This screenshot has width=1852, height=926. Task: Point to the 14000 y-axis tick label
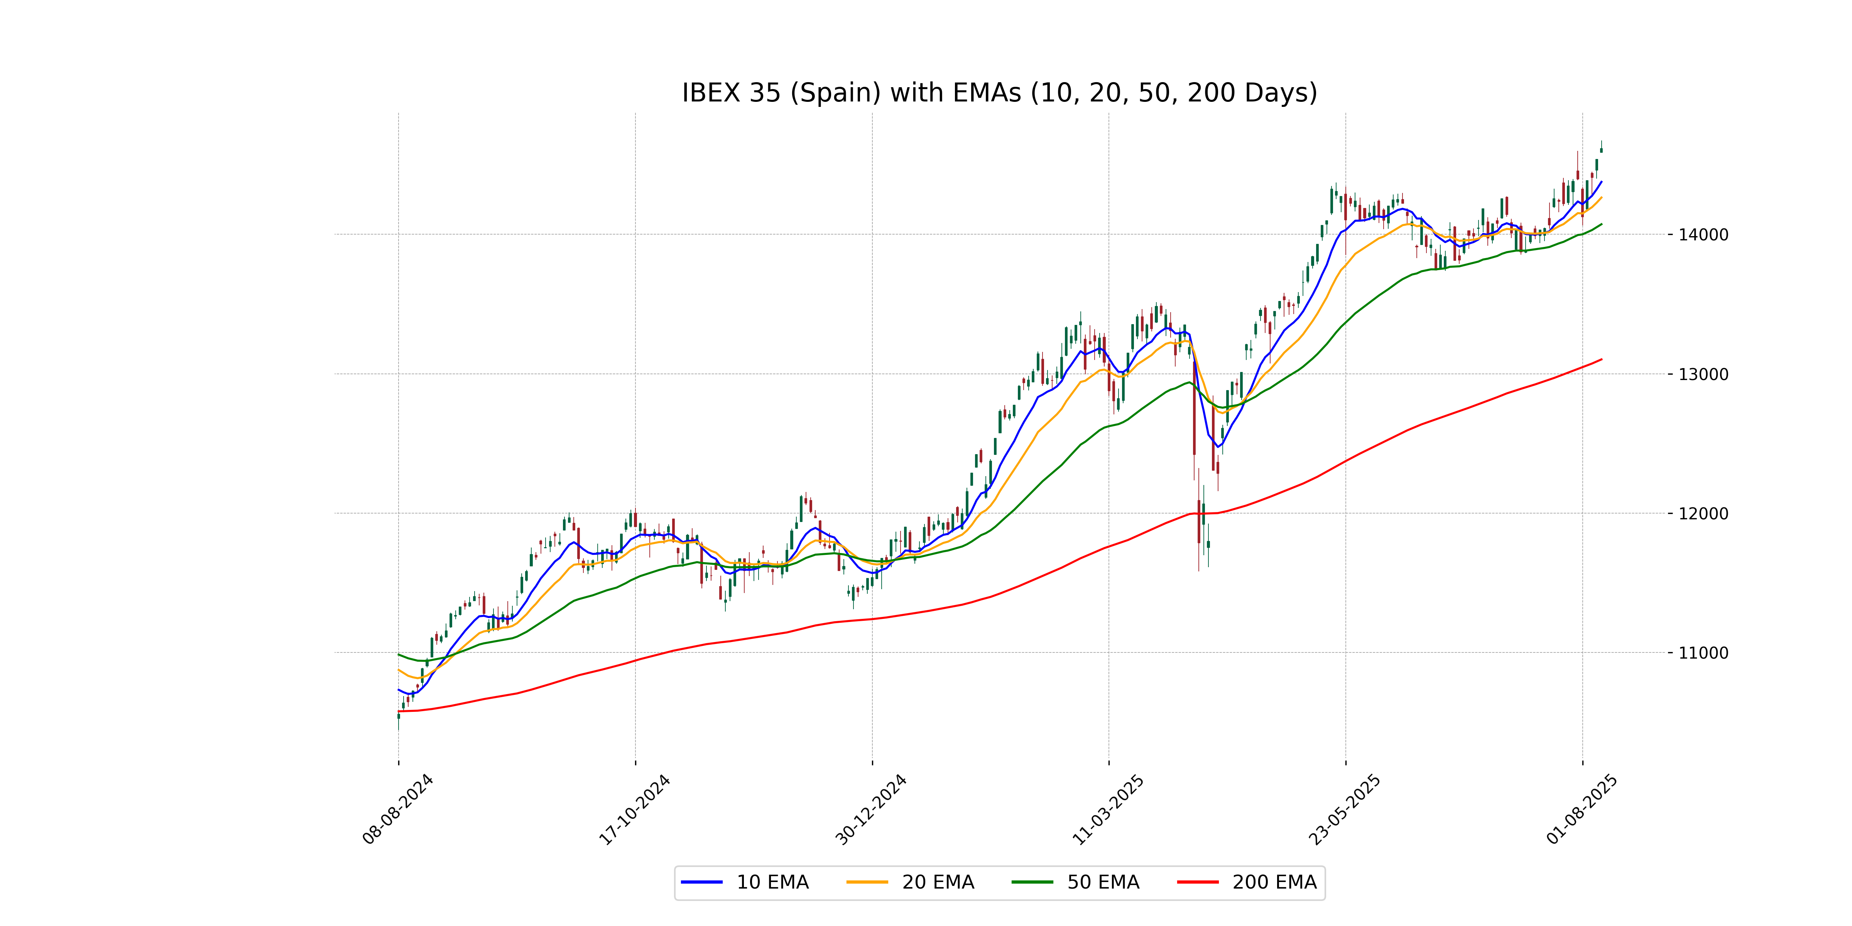tap(1702, 234)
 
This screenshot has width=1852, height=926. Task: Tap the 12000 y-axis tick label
tap(1702, 513)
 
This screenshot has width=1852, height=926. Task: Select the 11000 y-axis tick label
tap(1702, 653)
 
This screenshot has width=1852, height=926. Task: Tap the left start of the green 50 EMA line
tap(399, 654)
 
